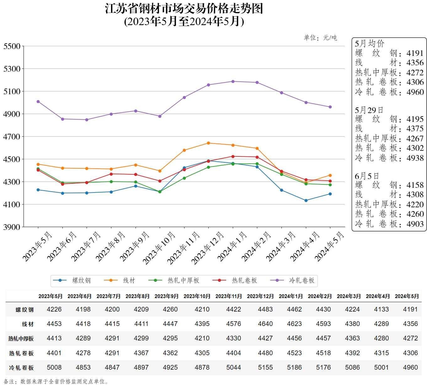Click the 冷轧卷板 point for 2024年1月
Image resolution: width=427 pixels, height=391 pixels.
(233, 81)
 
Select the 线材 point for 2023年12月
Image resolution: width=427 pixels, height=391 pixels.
(208, 143)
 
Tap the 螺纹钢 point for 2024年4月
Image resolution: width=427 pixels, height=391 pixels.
(306, 200)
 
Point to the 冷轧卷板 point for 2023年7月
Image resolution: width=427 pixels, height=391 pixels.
(87, 120)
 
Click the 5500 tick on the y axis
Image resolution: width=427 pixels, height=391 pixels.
(12, 46)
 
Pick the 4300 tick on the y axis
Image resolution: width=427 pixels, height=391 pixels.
(12, 182)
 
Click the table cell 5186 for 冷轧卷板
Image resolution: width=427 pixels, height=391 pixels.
(294, 367)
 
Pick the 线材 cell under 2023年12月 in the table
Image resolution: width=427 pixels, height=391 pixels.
(265, 324)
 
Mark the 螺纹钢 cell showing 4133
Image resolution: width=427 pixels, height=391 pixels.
(381, 309)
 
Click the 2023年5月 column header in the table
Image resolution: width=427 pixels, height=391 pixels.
(51, 296)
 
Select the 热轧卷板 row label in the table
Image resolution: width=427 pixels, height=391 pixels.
(21, 353)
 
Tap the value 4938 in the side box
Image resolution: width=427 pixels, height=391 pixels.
(415, 158)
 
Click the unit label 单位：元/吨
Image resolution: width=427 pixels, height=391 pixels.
(320, 38)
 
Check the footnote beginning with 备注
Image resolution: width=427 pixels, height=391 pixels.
(56, 382)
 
